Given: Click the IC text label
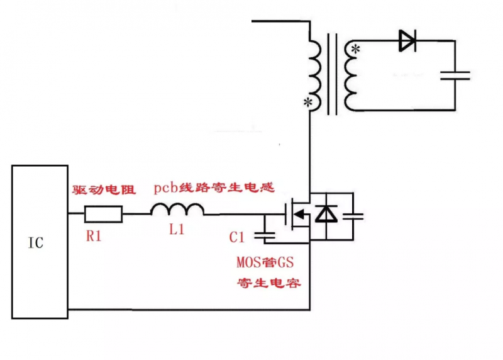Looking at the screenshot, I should coord(36,242).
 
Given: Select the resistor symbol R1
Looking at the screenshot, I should coord(103,215).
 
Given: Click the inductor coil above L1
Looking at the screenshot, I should coord(177,210).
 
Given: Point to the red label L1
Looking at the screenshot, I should coord(177,230).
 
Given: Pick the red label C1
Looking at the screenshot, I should coord(236,237).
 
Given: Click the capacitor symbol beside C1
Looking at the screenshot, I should coord(265,235).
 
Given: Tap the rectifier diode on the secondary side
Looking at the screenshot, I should coord(407,42).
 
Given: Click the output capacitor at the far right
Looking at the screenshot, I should coord(455,75).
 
